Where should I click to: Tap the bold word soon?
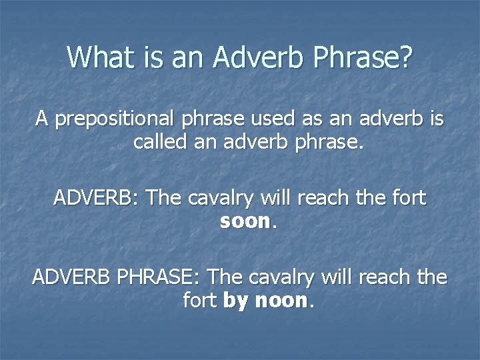tap(244, 221)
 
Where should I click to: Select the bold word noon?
tap(280, 301)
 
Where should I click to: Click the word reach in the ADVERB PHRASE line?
tap(385, 277)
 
